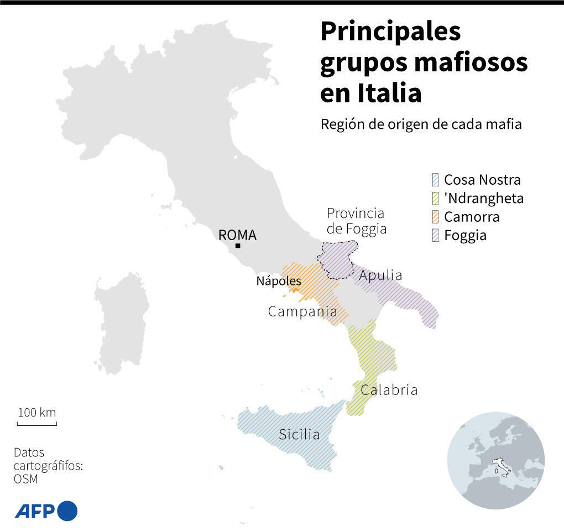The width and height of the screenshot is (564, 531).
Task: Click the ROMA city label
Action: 237,235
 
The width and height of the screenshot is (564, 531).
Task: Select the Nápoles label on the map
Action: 278,281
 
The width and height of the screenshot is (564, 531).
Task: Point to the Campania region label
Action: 302,311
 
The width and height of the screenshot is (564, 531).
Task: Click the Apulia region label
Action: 380,275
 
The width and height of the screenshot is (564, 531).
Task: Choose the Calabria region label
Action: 389,390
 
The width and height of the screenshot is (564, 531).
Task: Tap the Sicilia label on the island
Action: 299,434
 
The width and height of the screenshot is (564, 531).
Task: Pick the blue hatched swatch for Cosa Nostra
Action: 435,180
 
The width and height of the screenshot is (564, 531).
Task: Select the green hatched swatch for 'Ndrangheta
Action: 435,198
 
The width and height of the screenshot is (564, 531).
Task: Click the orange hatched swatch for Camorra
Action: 435,217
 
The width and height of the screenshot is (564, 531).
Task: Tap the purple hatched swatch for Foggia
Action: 435,236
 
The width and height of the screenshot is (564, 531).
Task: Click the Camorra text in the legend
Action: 472,217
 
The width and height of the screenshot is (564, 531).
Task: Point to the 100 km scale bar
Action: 36,424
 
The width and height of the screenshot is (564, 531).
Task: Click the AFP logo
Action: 46,510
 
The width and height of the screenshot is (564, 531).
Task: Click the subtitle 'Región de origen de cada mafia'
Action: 421,124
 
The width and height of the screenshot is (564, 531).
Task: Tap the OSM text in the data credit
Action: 26,479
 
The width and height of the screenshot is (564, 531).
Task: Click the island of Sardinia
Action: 121,324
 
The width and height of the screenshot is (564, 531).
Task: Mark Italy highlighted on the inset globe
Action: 502,466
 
